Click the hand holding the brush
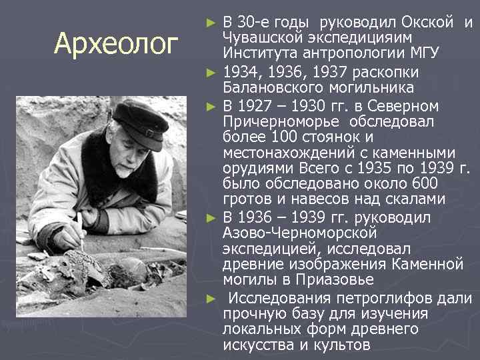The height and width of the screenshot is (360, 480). click(67, 237)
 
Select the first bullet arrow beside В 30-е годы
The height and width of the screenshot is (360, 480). click(211, 23)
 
